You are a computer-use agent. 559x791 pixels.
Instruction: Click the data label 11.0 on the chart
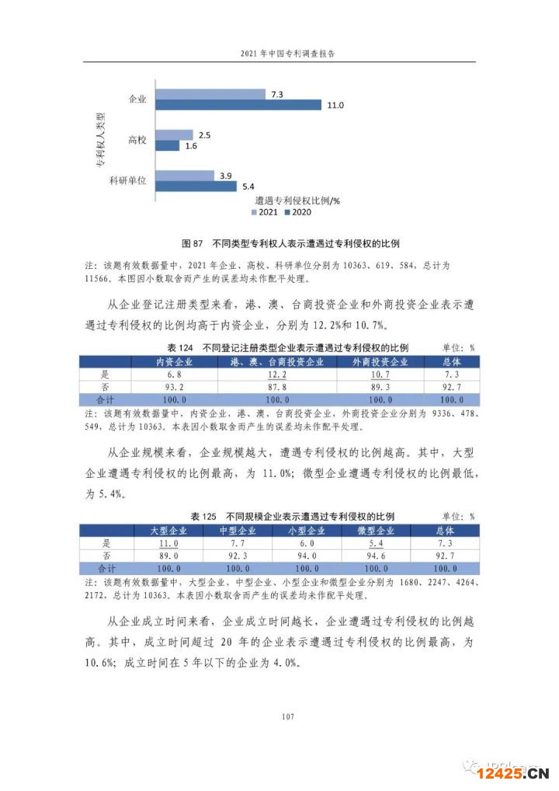point(336,105)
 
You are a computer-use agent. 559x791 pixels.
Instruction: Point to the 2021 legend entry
point(265,212)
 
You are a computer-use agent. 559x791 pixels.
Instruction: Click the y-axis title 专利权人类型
point(101,140)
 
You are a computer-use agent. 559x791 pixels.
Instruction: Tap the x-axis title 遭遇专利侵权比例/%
point(299,200)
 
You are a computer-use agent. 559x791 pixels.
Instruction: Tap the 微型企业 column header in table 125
point(376,531)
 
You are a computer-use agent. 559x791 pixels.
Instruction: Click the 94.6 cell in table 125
point(376,556)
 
